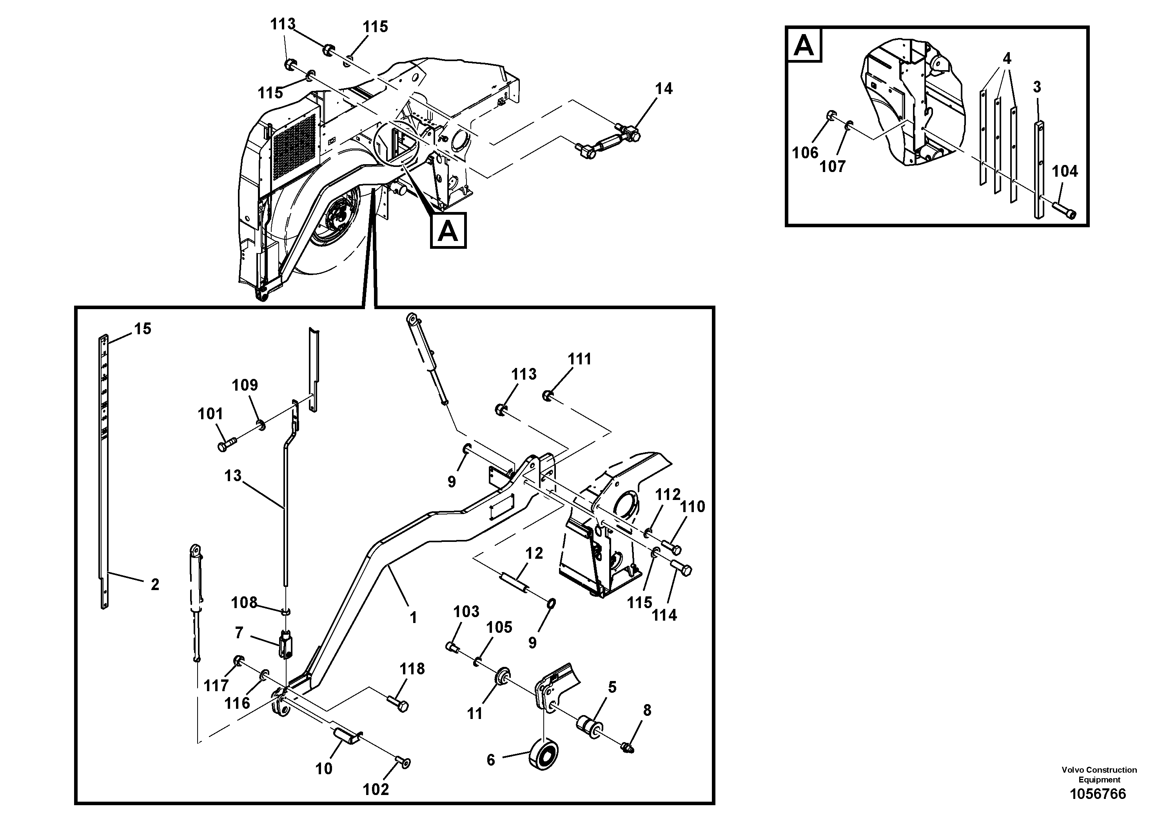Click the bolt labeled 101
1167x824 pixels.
[x=227, y=446]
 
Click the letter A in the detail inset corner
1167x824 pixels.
[x=804, y=46]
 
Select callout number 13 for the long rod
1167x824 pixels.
[x=233, y=476]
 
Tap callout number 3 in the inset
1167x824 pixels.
[x=1037, y=87]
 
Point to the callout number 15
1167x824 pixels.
[x=142, y=329]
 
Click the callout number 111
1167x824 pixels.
[x=579, y=359]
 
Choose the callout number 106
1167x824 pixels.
[x=805, y=152]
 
